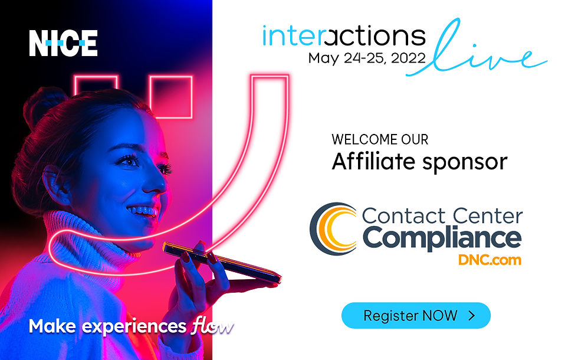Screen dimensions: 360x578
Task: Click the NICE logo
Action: click(63, 43)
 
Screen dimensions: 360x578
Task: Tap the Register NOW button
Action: click(416, 315)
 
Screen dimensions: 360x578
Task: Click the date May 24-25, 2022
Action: click(366, 58)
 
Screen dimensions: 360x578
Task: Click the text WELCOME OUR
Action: click(379, 140)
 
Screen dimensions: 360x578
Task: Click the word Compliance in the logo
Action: click(442, 237)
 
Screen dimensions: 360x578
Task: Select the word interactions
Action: click(344, 36)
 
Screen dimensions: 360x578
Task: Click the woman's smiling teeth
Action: click(146, 210)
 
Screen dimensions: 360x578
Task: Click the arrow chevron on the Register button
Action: click(471, 315)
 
